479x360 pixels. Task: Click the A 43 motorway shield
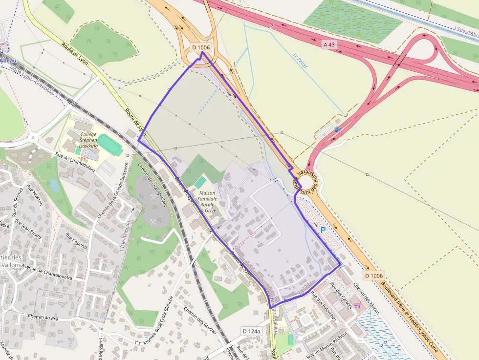pos(329,44)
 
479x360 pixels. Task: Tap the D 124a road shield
pos(252,331)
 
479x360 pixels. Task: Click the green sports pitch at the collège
pos(110,146)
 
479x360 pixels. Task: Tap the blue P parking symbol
pos(323,229)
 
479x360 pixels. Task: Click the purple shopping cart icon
pos(357,305)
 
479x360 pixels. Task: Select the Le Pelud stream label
pos(300,61)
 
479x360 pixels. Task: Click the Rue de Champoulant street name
pos(75,161)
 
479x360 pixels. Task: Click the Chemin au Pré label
pos(43,317)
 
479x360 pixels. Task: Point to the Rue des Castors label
pos(341,292)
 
